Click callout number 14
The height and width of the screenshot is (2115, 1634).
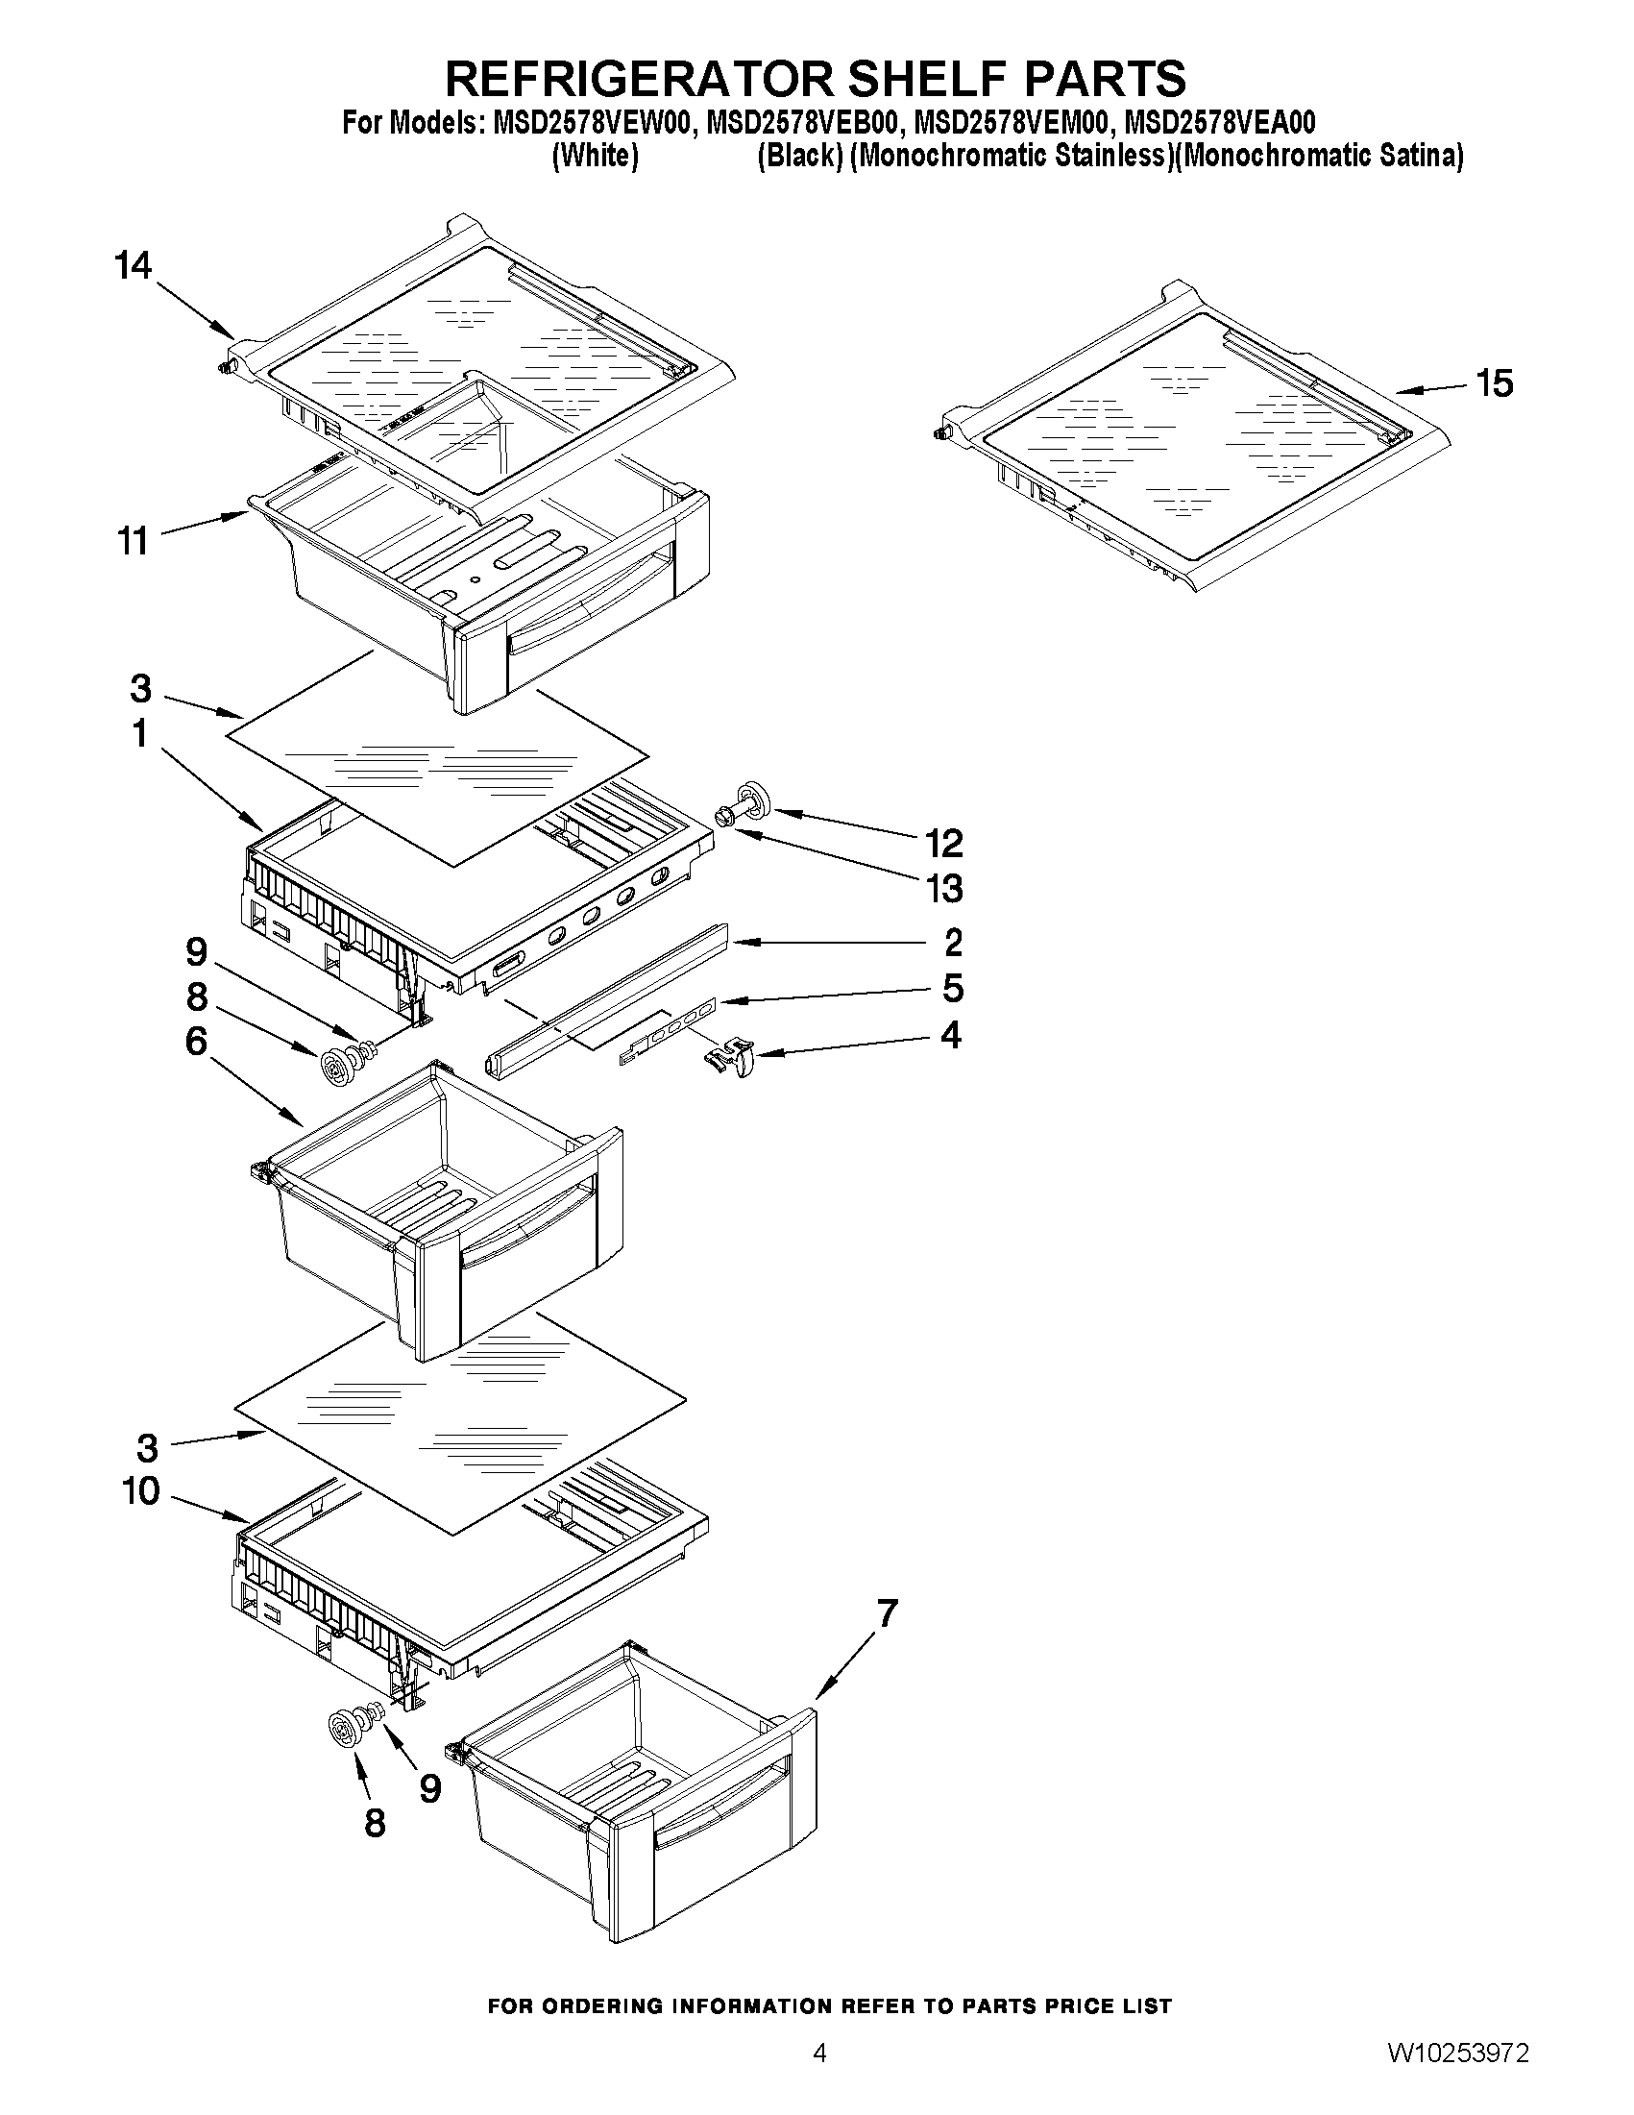coord(134,264)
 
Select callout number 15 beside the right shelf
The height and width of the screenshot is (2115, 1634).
coord(1495,383)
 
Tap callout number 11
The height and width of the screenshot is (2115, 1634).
coord(134,540)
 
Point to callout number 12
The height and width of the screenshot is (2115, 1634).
coord(944,843)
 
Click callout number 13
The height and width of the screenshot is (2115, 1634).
coord(944,888)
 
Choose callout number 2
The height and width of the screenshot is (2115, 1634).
coord(953,942)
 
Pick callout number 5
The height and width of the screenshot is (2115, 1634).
coord(953,989)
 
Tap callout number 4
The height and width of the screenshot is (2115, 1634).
coord(951,1035)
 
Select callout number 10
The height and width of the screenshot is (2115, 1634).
coord(141,1490)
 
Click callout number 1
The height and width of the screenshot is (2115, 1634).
coord(140,733)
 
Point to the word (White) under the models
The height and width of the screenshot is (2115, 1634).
coord(595,156)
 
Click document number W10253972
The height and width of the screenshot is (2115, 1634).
coord(1458,2078)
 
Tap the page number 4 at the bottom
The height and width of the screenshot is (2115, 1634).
coord(820,2077)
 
